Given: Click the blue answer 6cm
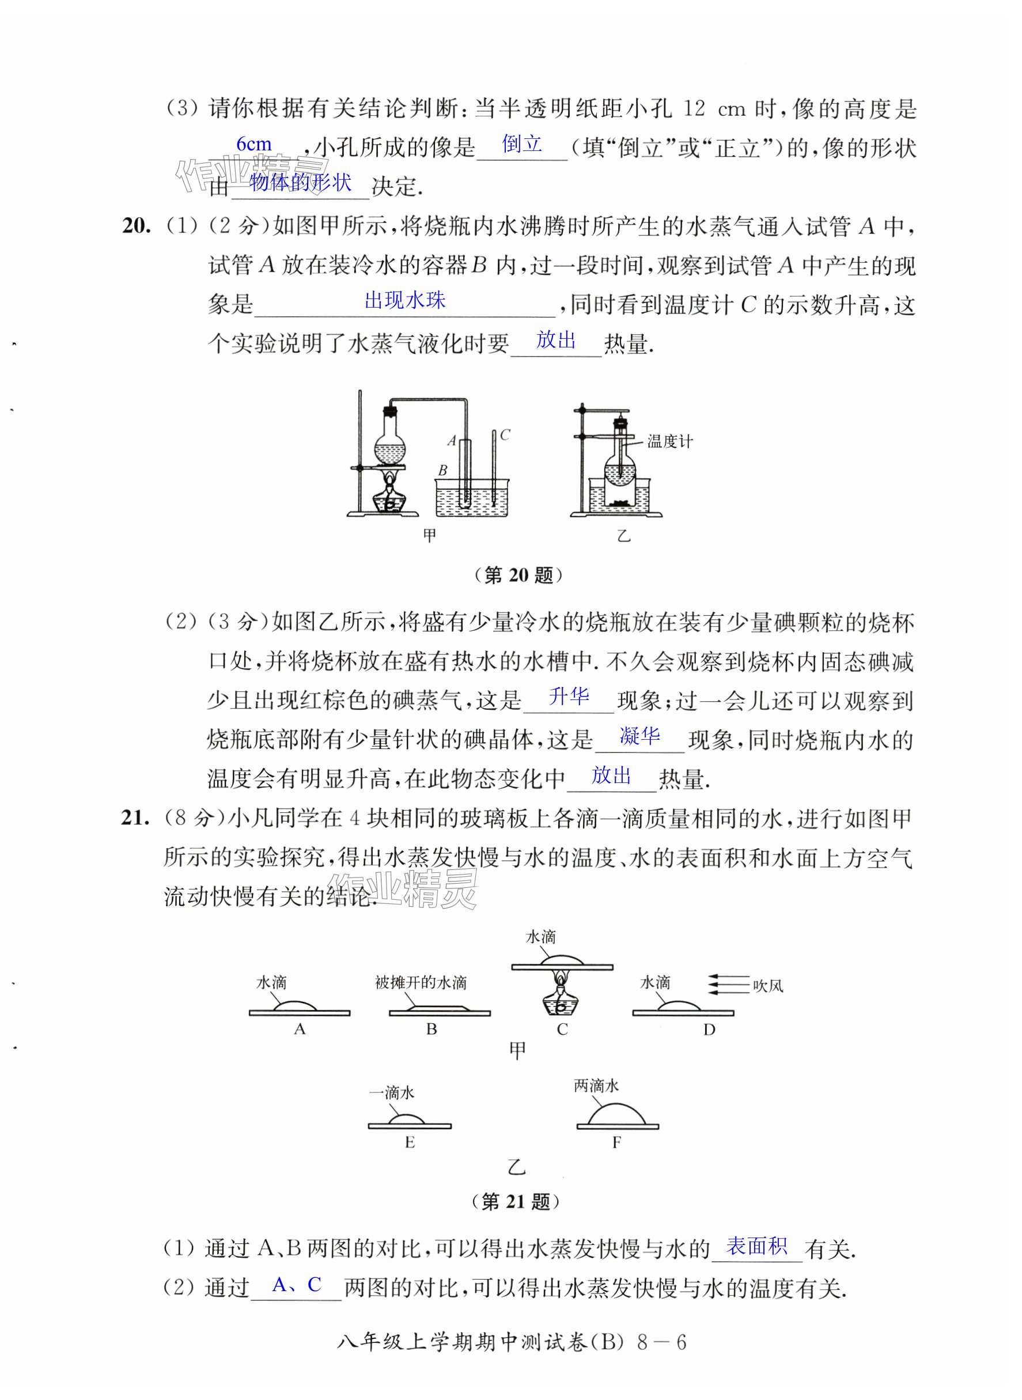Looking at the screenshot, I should point(253,144).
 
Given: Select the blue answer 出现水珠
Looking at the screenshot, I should point(404,301).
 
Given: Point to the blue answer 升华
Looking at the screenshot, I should point(569,697).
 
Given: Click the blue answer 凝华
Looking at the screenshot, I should point(639,736).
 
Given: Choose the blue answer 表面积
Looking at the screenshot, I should point(756,1246).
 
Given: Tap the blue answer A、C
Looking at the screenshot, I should point(296,1285).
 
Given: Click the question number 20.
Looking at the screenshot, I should point(136,226).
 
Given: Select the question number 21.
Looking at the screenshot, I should point(135,818).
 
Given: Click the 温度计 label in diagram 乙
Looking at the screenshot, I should point(670,441).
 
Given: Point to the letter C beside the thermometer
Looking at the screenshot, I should point(505,435).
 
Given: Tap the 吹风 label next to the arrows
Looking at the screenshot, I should point(768,986).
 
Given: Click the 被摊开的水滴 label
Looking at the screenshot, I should point(421,982).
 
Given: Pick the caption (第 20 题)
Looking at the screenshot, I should point(518,576).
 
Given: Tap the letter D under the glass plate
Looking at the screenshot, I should point(709,1030).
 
